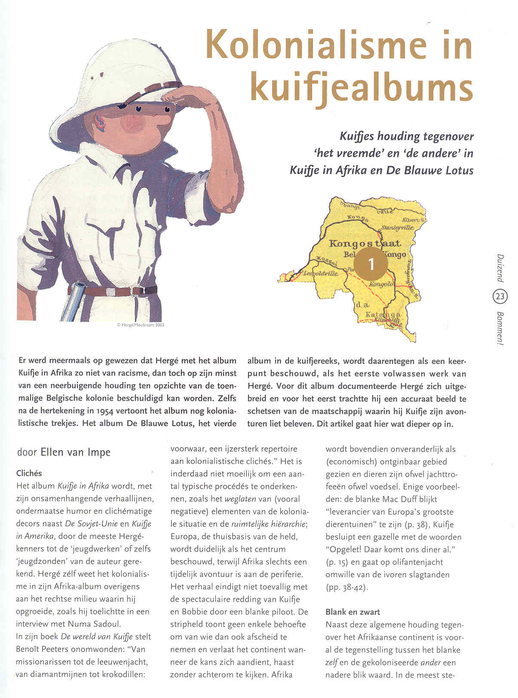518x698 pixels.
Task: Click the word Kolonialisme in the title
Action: click(316, 45)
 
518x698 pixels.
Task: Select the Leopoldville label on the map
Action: click(320, 273)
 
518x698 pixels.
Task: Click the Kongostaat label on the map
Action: click(365, 244)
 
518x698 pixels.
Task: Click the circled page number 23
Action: click(500, 296)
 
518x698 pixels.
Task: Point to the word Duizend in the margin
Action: click(500, 267)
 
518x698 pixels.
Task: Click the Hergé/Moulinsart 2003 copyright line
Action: click(140, 325)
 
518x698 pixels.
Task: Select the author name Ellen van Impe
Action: click(75, 452)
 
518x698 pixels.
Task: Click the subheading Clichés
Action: click(29, 473)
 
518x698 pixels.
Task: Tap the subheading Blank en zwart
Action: click(352, 612)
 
